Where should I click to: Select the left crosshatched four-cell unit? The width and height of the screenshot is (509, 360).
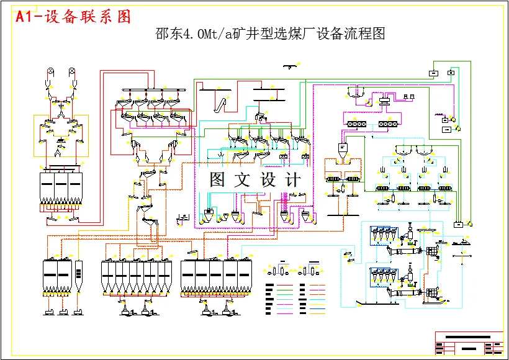click(x=359, y=124)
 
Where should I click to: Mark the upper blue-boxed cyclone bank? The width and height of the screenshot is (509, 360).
click(x=382, y=237)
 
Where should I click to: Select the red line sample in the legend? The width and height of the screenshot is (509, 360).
click(x=285, y=286)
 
